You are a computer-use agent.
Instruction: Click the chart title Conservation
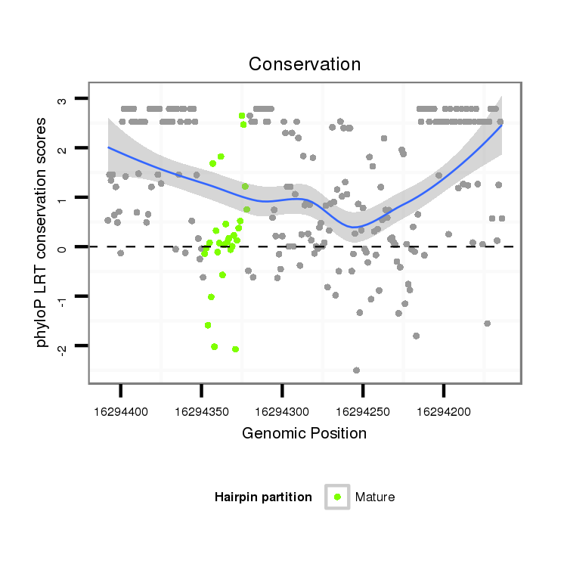[x=305, y=64]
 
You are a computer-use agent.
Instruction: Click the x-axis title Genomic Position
[x=304, y=433]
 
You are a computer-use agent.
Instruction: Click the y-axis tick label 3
[x=64, y=99]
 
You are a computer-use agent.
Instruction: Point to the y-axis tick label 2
[x=64, y=148]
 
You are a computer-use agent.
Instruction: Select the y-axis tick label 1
[x=64, y=198]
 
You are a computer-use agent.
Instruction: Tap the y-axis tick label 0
[x=64, y=247]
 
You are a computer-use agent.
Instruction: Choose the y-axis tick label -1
[x=64, y=296]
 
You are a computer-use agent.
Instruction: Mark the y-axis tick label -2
[x=64, y=346]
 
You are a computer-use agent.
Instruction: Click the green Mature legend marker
[x=337, y=497]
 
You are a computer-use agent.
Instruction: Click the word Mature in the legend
[x=375, y=497]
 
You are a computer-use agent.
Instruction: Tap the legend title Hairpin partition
[x=263, y=497]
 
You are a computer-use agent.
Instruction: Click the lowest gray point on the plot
[x=356, y=370]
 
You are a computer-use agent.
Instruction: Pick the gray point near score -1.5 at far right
[x=487, y=324]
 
